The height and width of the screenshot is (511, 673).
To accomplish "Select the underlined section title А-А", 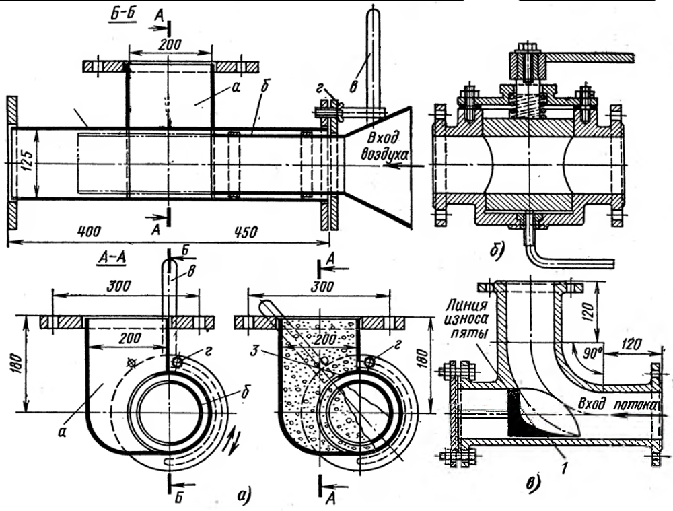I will point(112,257).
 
